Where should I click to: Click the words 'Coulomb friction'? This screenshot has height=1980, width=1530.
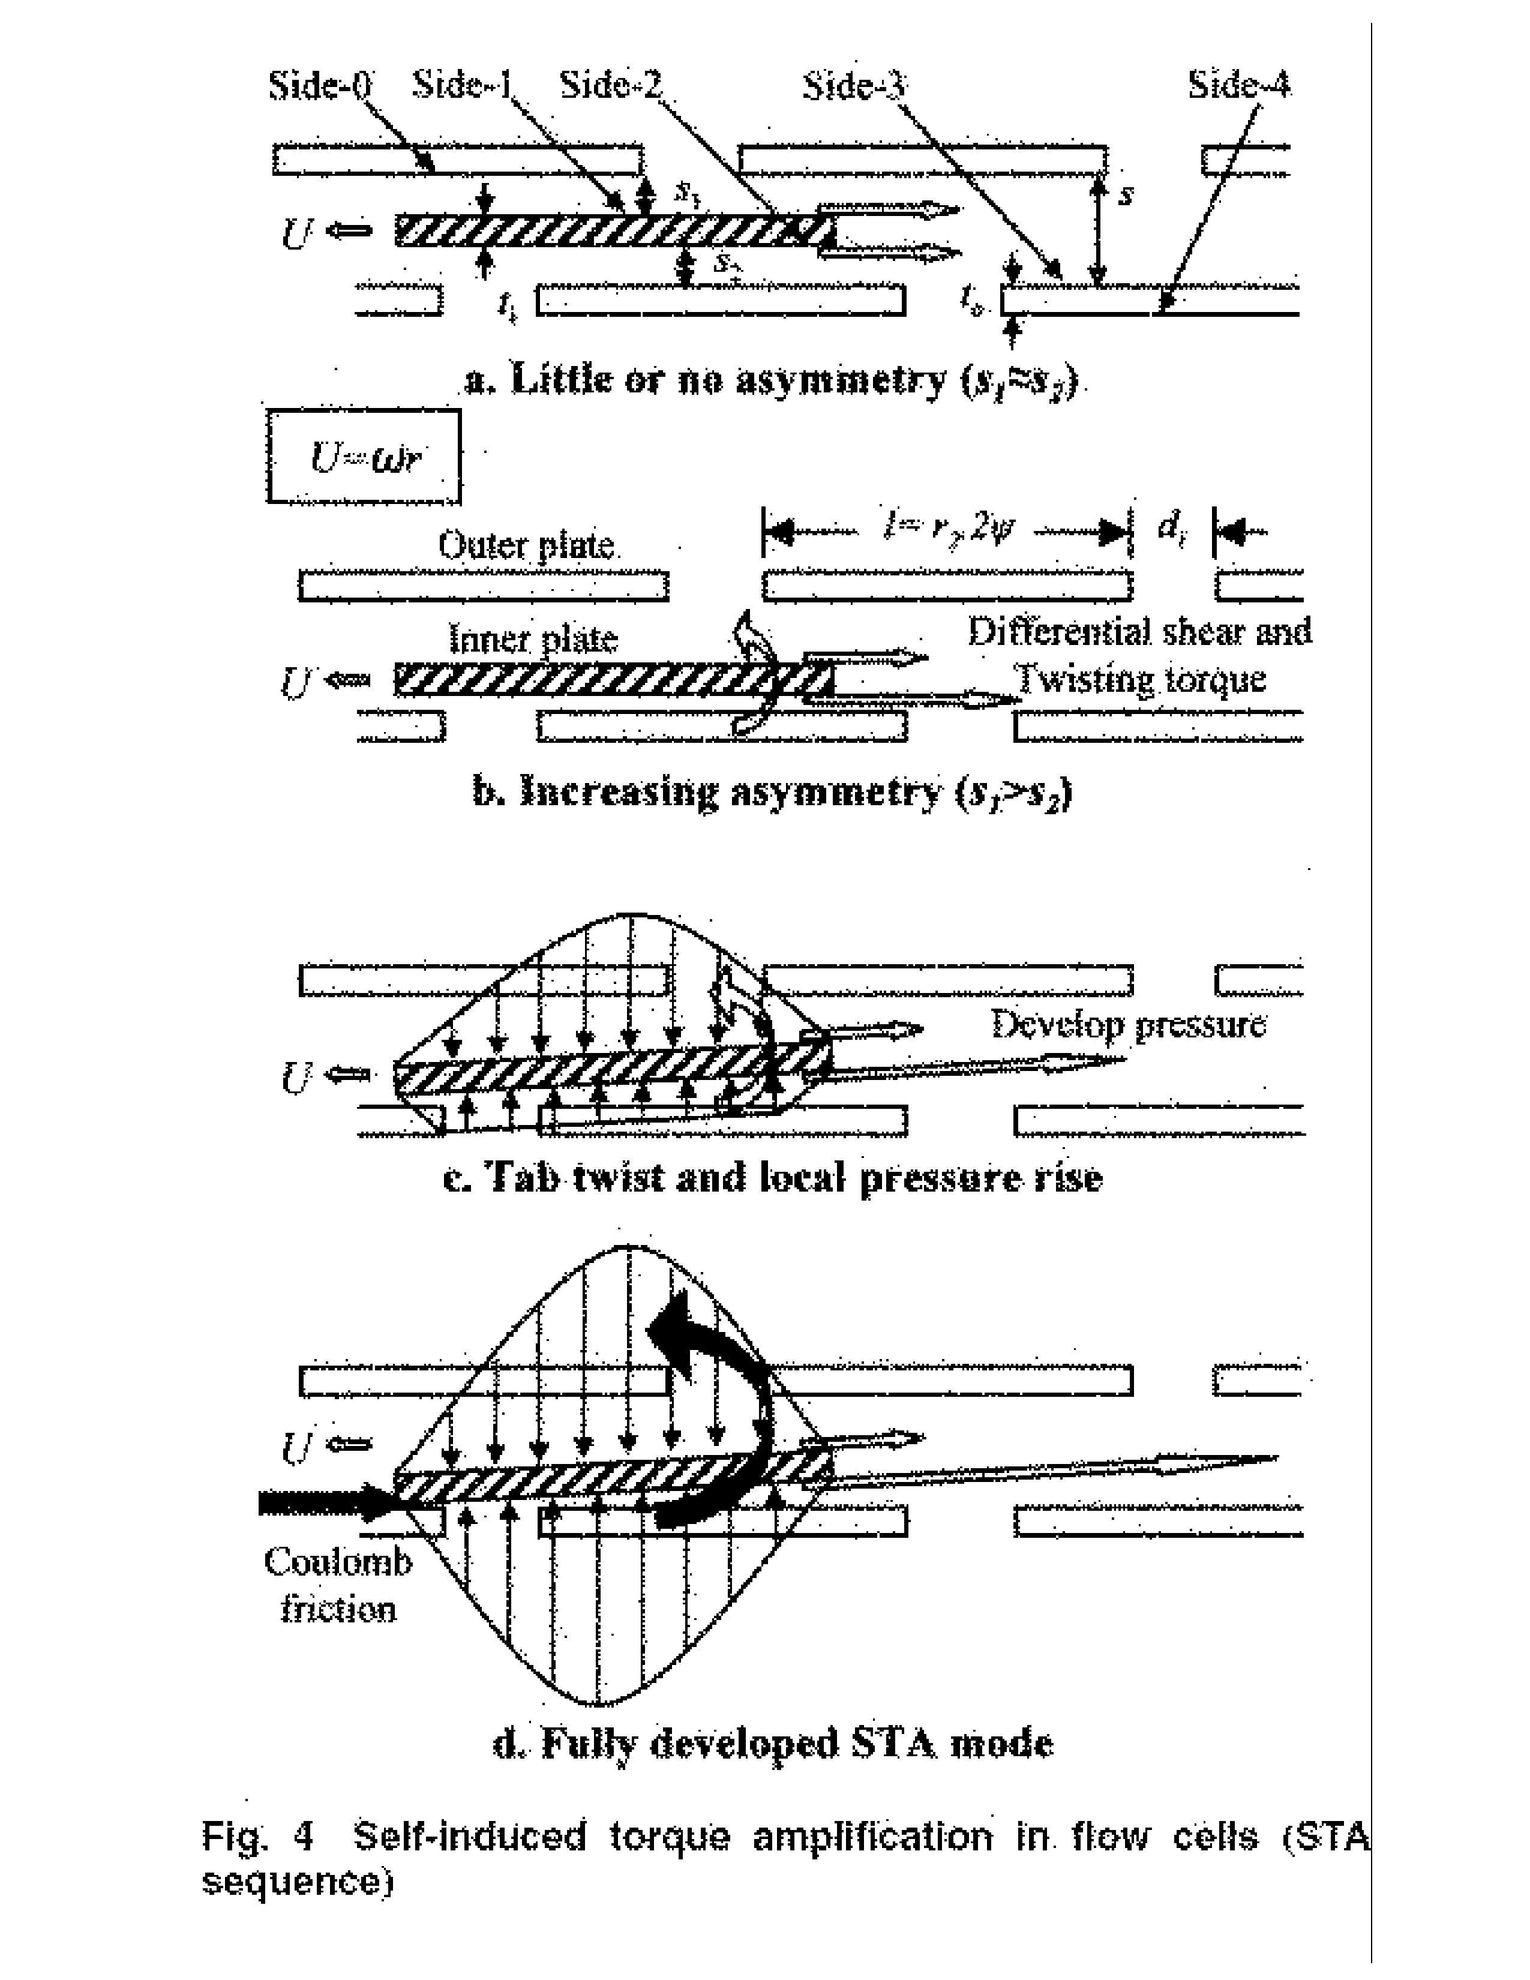[338, 1585]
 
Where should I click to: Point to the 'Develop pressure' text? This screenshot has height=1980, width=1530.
[1129, 1024]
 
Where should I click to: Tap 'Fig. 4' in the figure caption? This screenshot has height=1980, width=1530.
[259, 1837]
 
